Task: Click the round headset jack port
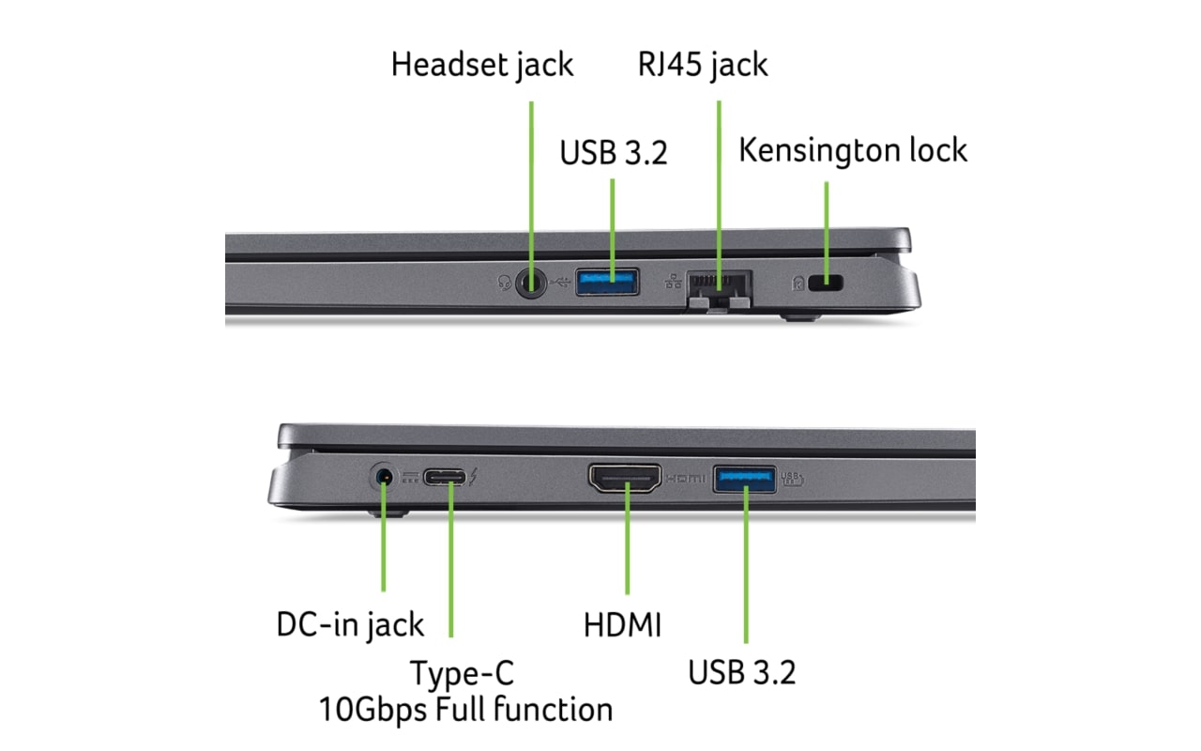coord(532,282)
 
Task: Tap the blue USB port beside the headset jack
coord(607,281)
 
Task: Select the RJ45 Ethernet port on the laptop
coord(720,284)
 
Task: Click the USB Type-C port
coord(444,478)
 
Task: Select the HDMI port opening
coord(624,479)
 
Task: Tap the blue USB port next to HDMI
coord(745,478)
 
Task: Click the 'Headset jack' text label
coord(482,65)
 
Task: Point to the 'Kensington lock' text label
coord(853,149)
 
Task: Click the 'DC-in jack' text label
coord(350,624)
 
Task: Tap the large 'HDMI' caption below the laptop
coord(622,625)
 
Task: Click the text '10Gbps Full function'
coord(465,708)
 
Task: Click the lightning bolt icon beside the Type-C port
coord(474,478)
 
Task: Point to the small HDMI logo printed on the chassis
coord(684,479)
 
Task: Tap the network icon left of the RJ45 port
coord(673,280)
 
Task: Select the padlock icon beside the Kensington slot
coord(798,281)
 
